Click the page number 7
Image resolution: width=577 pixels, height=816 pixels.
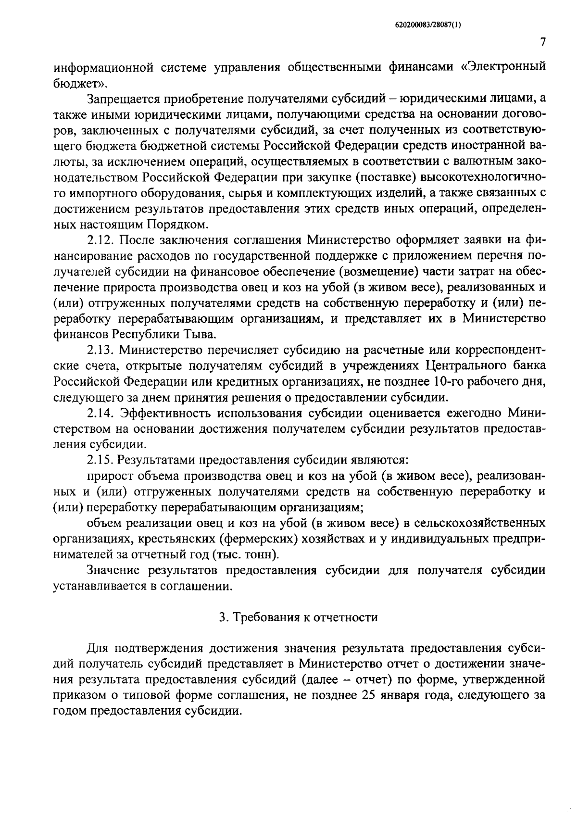coord(542,42)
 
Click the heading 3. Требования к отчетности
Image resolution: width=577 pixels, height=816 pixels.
coord(298,617)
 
